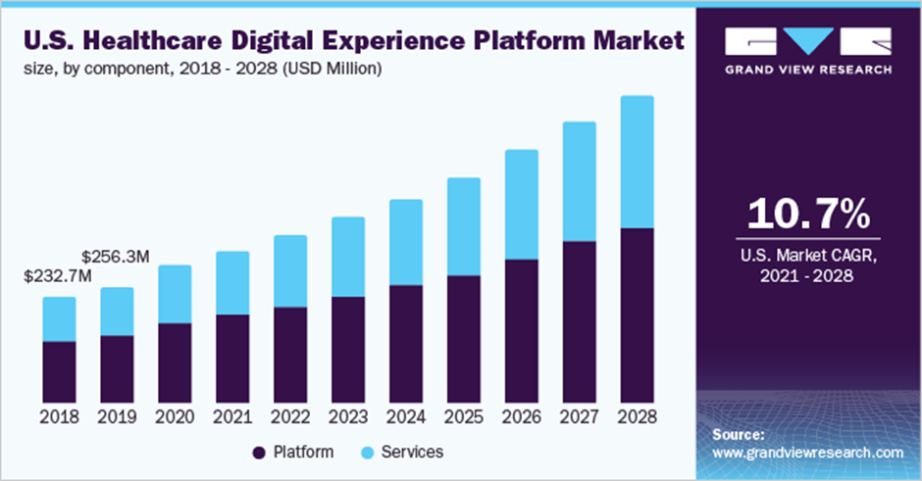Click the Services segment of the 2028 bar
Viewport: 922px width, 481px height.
point(638,162)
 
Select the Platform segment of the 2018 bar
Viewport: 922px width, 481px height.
point(59,371)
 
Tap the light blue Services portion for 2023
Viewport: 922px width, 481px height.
point(348,257)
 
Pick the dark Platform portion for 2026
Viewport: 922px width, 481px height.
point(522,330)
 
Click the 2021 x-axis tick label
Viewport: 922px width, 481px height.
point(232,416)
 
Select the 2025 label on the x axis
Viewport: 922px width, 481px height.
point(464,416)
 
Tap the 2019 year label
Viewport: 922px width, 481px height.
point(117,416)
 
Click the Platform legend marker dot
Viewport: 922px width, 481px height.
point(260,453)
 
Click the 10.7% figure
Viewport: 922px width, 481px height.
point(808,214)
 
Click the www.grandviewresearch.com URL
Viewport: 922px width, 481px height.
point(808,453)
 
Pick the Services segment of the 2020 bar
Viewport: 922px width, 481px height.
point(175,294)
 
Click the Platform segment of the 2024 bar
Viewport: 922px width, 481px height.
point(406,344)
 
